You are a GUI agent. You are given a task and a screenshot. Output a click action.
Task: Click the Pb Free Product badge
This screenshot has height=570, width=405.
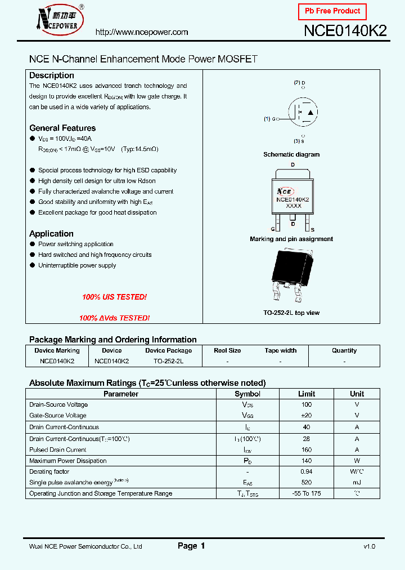coord(332,11)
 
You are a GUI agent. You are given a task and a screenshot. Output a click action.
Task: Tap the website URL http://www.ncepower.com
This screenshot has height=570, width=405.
coord(142,32)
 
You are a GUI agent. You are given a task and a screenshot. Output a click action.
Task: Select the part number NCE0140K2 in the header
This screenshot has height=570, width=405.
coord(345,31)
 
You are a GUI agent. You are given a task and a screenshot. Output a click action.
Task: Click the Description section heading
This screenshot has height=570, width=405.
coord(52,75)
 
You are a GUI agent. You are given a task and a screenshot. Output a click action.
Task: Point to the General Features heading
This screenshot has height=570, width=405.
coord(62,128)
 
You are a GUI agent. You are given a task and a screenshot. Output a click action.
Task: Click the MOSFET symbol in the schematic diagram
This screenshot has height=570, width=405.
coord(303,113)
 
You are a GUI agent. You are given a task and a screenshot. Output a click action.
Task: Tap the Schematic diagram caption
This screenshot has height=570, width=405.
coord(291,154)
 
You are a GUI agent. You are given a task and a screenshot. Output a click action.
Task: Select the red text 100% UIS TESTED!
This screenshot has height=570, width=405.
coord(114,297)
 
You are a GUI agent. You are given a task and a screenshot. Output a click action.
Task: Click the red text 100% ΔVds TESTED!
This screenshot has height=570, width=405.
coord(114,318)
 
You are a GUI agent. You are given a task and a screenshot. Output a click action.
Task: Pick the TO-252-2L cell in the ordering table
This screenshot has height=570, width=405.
coord(168,360)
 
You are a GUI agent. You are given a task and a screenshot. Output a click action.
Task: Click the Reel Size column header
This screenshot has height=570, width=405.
coord(227,350)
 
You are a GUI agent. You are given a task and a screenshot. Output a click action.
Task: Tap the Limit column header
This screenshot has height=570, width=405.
coord(307,394)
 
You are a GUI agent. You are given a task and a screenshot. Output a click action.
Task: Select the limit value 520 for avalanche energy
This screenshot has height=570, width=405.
coord(307,483)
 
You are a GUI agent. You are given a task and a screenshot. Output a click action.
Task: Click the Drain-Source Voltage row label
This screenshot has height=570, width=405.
coord(58,404)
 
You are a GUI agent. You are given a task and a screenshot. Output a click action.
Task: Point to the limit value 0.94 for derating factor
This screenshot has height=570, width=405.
coord(307,471)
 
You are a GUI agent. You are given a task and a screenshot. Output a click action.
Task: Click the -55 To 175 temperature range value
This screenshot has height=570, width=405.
coord(307,493)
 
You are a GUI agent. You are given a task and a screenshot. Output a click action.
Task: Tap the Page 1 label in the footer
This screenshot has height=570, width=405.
coord(191,546)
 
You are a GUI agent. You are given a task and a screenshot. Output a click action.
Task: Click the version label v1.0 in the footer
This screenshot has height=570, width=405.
coord(369,546)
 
